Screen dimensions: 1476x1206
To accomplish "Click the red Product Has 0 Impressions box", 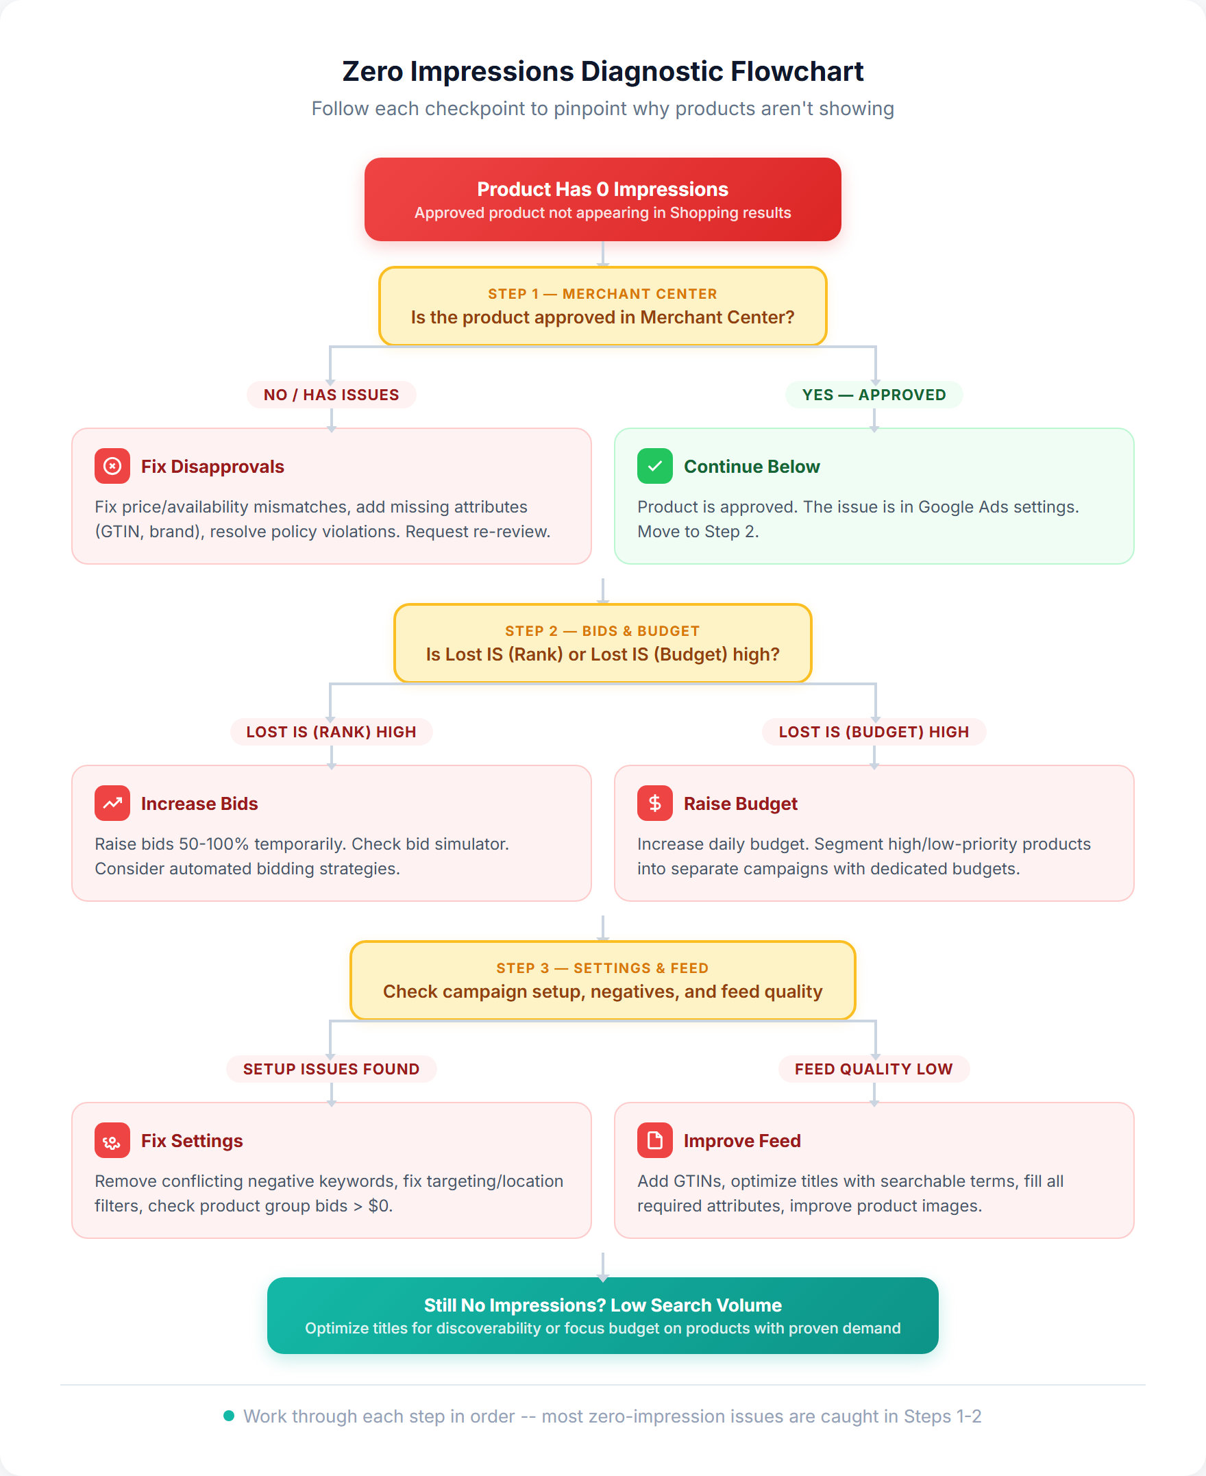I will pyautogui.click(x=602, y=199).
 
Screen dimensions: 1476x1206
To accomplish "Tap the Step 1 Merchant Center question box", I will pyautogui.click(x=602, y=306).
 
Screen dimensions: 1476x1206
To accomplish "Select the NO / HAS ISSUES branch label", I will pyautogui.click(x=331, y=395).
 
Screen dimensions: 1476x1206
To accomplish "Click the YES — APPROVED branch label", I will pyautogui.click(x=873, y=395).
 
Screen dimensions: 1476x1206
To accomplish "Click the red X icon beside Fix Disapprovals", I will pyautogui.click(x=112, y=466).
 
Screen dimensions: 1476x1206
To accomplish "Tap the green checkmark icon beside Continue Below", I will pyautogui.click(x=654, y=466).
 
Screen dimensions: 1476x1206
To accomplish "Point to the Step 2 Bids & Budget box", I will pyautogui.click(x=602, y=643).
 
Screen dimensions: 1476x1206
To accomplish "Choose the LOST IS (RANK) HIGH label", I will pyautogui.click(x=331, y=731).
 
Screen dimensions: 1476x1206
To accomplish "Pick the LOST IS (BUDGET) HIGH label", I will pyautogui.click(x=873, y=731).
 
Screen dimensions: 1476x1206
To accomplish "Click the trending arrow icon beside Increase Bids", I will pyautogui.click(x=112, y=803).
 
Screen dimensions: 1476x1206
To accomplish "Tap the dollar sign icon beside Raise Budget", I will pyautogui.click(x=654, y=803).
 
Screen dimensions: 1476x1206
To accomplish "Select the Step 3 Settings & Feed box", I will pyautogui.click(x=602, y=980).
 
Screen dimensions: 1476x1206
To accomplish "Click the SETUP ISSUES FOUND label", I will pyautogui.click(x=331, y=1068).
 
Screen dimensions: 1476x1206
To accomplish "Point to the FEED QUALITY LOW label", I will pyautogui.click(x=873, y=1068).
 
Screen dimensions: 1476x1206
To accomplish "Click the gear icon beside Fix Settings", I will pyautogui.click(x=112, y=1140).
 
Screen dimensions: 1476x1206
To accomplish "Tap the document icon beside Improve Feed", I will pyautogui.click(x=654, y=1140).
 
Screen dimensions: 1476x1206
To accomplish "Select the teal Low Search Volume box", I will pyautogui.click(x=602, y=1316).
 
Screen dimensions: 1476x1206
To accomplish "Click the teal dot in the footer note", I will pyautogui.click(x=229, y=1416).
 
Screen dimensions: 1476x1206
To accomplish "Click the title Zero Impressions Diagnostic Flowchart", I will pyautogui.click(x=602, y=71).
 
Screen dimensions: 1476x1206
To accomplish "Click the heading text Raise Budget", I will pyautogui.click(x=740, y=804).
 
